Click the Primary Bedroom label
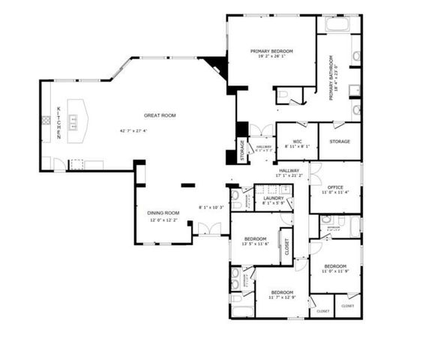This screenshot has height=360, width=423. click(x=271, y=51)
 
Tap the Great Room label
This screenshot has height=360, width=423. click(x=159, y=115)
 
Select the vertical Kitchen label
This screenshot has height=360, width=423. click(x=59, y=123)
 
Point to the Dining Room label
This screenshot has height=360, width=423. click(x=162, y=213)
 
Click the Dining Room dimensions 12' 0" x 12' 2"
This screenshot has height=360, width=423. click(x=162, y=220)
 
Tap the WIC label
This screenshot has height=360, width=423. click(x=297, y=141)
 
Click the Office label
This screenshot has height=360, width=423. click(x=335, y=187)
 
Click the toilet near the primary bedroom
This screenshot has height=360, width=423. click(x=283, y=94)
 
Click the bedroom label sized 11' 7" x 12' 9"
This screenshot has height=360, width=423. click(x=281, y=292)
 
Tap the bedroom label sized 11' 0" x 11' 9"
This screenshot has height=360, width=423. click(x=334, y=266)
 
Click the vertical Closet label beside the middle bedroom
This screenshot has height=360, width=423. click(x=286, y=248)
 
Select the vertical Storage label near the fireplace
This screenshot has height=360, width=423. click(x=242, y=149)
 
